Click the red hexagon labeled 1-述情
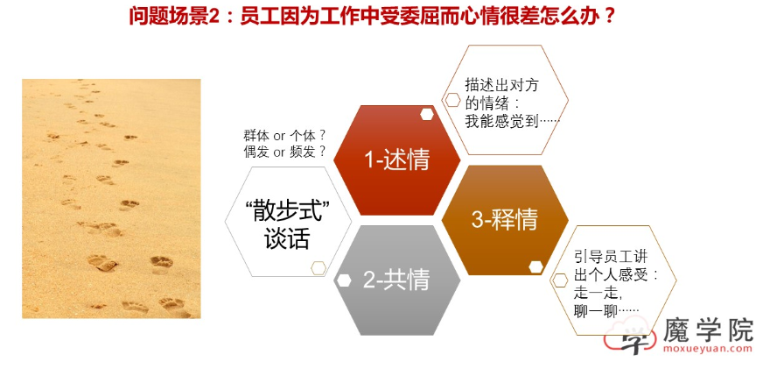point(396,160)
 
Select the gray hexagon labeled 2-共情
point(396,280)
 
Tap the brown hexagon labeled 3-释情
point(504,220)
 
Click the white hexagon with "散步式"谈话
point(288,223)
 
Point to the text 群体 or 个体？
point(284,135)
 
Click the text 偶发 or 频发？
point(284,152)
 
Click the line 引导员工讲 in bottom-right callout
point(611,255)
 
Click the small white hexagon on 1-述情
point(427,114)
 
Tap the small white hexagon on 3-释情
point(535,266)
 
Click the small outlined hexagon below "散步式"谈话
point(318,267)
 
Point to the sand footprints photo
point(111,198)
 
